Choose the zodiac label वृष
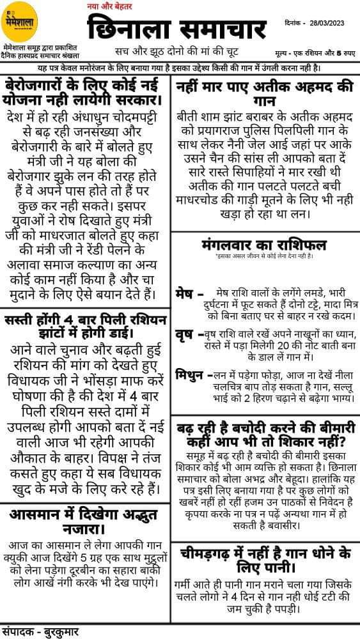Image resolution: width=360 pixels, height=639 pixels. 185,334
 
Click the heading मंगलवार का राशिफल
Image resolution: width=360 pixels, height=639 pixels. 263,245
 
